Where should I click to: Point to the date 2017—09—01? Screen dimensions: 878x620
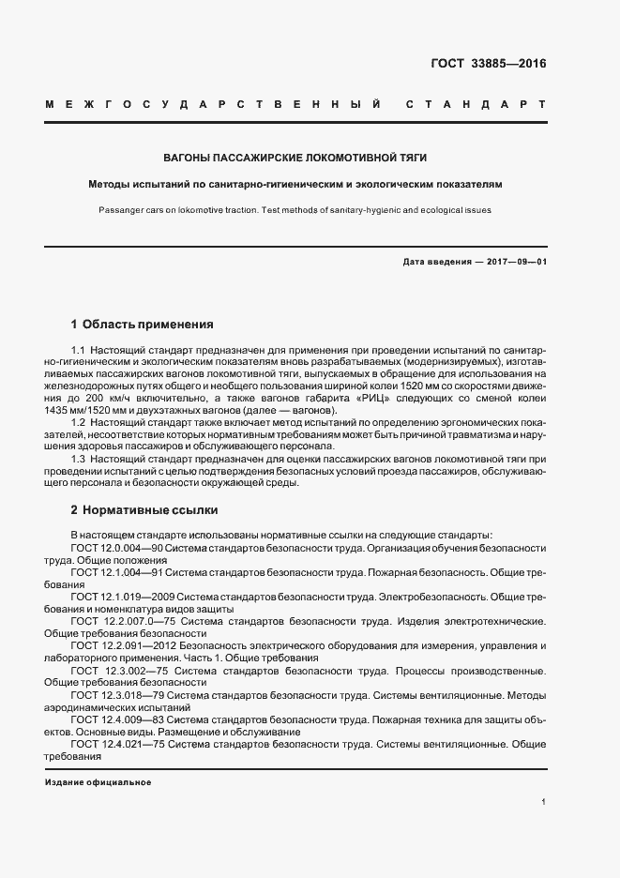[515, 262]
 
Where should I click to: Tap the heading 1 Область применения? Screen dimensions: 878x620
[142, 325]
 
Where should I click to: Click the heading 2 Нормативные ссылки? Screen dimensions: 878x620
[144, 510]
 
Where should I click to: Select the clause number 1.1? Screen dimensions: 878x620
[79, 350]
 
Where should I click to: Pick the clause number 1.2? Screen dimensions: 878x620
[79, 423]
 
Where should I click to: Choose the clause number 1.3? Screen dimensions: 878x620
[79, 459]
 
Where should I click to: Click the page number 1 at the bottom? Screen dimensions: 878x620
[544, 802]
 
